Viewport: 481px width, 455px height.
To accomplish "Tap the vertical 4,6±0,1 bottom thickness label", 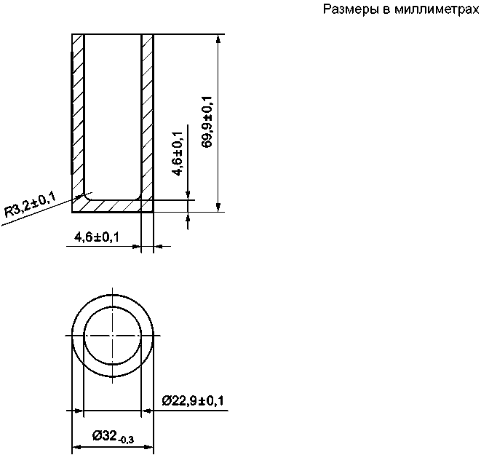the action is tap(178, 154).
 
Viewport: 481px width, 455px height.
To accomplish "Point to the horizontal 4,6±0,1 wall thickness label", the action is tap(97, 237).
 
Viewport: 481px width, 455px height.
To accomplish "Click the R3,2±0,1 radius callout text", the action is tap(30, 205).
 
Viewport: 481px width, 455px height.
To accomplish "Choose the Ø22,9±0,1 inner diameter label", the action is tap(193, 400).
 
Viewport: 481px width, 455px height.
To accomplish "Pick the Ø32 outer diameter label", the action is tap(105, 435).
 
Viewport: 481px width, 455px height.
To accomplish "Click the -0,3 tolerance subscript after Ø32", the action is tap(126, 440).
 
